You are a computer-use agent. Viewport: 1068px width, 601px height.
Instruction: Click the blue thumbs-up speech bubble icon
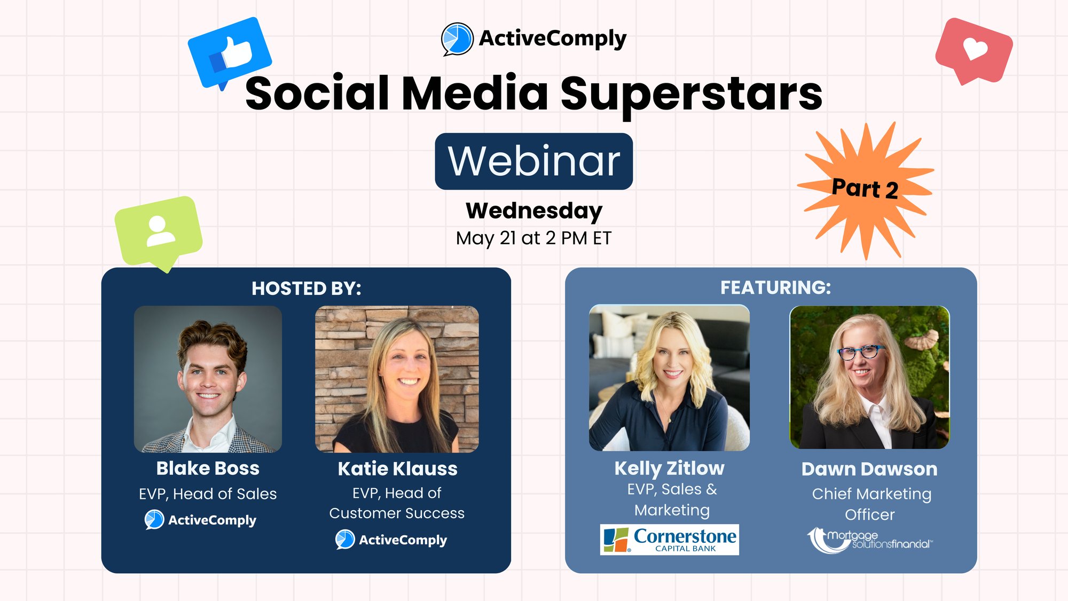point(230,52)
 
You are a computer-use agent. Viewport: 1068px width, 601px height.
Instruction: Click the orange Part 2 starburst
point(865,190)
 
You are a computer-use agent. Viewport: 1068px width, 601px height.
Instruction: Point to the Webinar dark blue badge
point(534,161)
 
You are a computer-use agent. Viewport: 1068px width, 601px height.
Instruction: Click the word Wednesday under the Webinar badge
point(534,211)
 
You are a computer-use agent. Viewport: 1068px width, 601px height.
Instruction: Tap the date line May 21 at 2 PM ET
point(533,238)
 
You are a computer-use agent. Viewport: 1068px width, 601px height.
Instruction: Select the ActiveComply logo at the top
point(534,38)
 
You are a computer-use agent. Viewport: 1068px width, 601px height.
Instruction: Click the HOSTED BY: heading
point(307,288)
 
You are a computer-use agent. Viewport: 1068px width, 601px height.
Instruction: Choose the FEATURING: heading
point(775,287)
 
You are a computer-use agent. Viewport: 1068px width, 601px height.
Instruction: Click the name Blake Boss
point(208,468)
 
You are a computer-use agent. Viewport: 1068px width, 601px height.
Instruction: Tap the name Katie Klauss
point(397,469)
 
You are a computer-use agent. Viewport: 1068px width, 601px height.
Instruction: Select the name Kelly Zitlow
point(669,469)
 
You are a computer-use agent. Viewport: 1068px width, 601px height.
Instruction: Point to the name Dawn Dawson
point(869,469)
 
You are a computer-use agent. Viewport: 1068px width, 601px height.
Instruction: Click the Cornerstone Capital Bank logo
point(670,540)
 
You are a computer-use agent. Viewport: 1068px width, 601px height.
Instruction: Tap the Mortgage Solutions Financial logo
point(870,540)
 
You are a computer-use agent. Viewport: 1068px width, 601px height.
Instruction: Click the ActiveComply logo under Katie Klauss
point(391,540)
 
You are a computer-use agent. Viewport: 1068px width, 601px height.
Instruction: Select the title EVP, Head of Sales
point(208,494)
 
